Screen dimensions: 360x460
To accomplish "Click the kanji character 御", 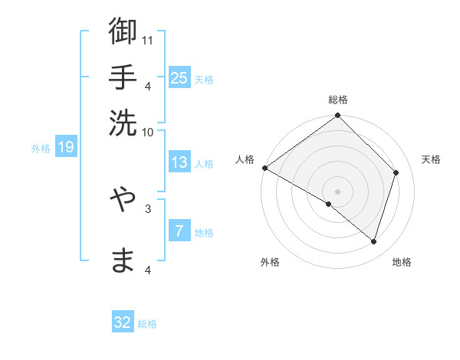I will [x=123, y=33].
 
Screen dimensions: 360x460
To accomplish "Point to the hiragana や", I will [x=123, y=200].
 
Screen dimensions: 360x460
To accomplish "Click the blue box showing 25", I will [x=179, y=77].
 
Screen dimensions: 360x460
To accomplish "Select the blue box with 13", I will [x=179, y=162].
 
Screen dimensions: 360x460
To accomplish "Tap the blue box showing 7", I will [x=179, y=231].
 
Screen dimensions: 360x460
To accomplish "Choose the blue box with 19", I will [x=66, y=147].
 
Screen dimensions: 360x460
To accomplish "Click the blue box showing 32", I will [x=123, y=322].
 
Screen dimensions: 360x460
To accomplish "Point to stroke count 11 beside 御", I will [x=148, y=38].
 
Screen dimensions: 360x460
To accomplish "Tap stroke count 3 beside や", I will [x=148, y=207].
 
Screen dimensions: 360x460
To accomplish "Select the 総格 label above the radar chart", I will [x=338, y=100].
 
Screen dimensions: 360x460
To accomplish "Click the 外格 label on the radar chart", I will [x=270, y=263].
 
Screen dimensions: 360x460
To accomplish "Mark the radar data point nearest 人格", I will [x=265, y=168].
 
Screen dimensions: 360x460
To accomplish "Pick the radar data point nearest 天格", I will [x=396, y=172].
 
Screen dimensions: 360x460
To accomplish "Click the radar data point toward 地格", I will [x=374, y=242].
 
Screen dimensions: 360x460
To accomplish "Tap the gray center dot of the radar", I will [x=337, y=191].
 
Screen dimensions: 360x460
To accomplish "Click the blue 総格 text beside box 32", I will [x=147, y=324].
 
